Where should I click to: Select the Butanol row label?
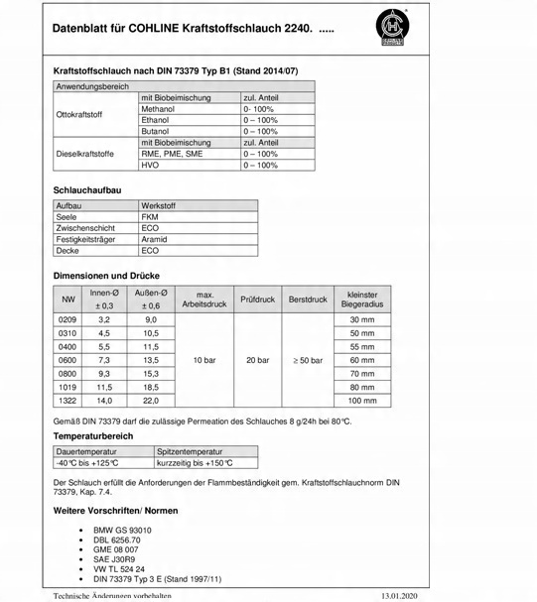coord(158,131)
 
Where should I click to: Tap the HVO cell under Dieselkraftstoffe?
coord(152,166)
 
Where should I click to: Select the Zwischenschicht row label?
coord(86,228)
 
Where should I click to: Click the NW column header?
coord(67,299)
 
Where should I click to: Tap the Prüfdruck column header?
coord(257,299)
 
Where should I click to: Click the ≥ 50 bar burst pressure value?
coord(307,360)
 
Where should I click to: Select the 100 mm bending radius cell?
coord(362,401)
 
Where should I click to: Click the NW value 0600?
coord(67,360)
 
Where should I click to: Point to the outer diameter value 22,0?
coord(152,401)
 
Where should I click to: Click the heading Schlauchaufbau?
coord(87,188)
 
